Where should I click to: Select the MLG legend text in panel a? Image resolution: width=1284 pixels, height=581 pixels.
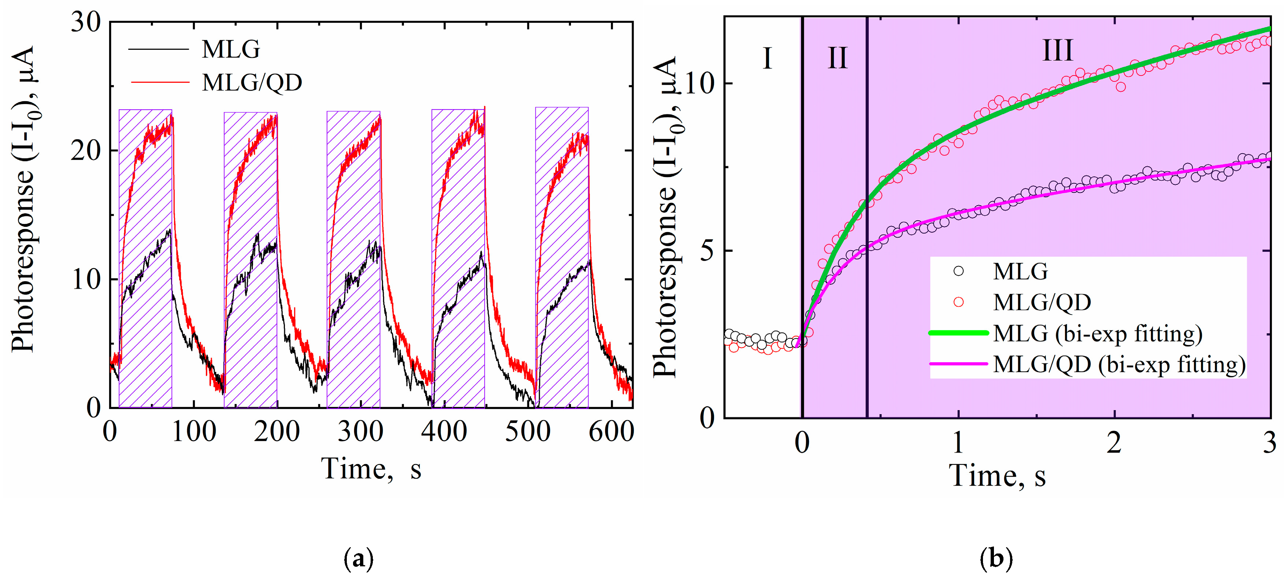tap(230, 49)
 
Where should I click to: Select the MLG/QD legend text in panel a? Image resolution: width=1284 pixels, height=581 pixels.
tap(252, 82)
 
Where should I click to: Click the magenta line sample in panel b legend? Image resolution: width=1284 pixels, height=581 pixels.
tap(958, 364)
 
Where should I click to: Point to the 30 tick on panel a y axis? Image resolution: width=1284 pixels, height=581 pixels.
tap(85, 22)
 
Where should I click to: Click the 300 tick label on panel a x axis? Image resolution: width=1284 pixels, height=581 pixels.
tap(360, 431)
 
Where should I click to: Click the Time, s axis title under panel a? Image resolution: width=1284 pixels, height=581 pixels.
tap(371, 469)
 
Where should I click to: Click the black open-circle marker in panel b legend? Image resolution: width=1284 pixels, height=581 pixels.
tap(958, 271)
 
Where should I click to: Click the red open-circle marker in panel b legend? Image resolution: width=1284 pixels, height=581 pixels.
tap(958, 302)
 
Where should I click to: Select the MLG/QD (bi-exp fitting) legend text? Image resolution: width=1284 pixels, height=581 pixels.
tap(1119, 365)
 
